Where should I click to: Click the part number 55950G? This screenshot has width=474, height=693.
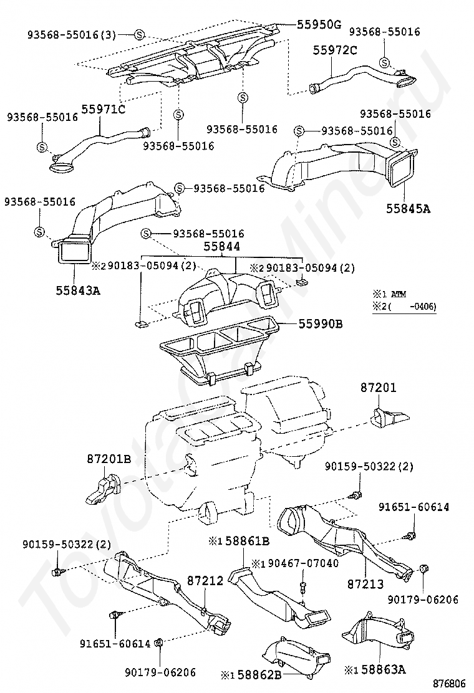click(319, 25)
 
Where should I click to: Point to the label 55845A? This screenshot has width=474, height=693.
click(409, 209)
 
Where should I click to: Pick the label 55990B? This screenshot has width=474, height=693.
click(319, 324)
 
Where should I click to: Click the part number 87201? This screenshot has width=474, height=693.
click(379, 388)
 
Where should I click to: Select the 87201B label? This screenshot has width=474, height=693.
click(109, 459)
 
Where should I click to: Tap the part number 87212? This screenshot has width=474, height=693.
click(205, 581)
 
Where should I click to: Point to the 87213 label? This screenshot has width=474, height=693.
click(365, 585)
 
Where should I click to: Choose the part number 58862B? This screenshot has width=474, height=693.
click(260, 674)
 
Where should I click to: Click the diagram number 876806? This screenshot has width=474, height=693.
click(450, 683)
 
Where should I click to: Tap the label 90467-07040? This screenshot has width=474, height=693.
click(301, 563)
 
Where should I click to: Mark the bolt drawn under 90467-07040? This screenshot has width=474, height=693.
click(302, 586)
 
